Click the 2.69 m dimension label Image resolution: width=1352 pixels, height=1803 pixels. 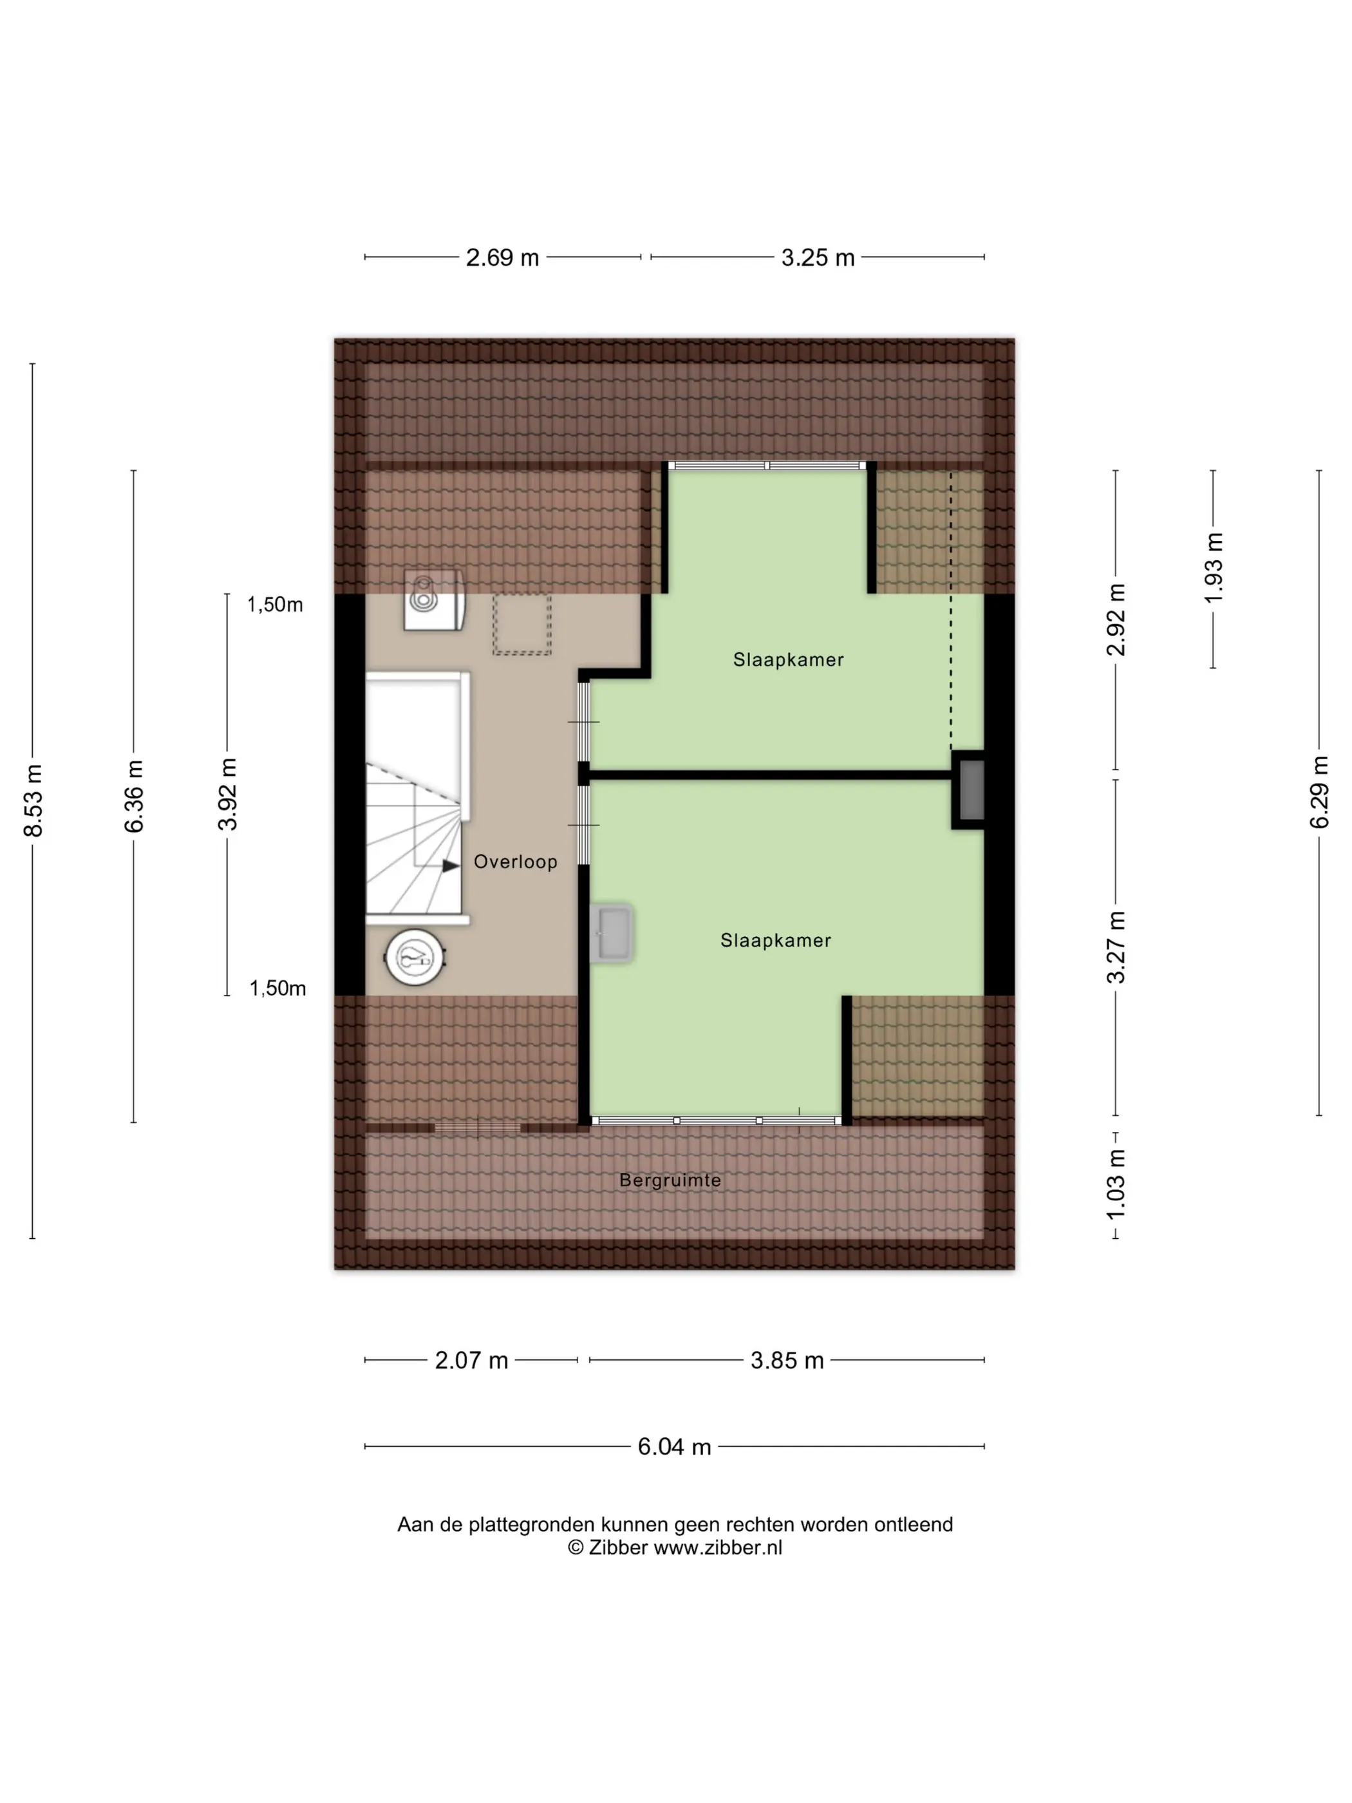tap(502, 258)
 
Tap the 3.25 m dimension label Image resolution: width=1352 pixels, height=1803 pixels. tap(818, 258)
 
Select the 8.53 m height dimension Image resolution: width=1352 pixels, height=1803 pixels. tap(33, 800)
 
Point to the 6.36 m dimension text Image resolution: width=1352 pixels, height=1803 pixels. tap(134, 795)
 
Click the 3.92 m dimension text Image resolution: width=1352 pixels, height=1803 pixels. tap(227, 793)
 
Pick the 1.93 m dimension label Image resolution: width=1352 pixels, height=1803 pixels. tap(1214, 568)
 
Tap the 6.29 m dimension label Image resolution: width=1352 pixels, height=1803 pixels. tap(1319, 791)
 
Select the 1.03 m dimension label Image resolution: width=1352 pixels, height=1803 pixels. tap(1116, 1184)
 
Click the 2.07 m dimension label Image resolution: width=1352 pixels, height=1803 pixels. tap(471, 1361)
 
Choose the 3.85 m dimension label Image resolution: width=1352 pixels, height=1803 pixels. tap(787, 1361)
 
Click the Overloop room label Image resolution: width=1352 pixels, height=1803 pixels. tap(515, 862)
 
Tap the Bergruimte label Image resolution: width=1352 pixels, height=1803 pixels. tap(670, 1180)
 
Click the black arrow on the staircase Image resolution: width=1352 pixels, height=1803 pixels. tap(451, 865)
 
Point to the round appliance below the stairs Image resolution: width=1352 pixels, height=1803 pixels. tap(416, 957)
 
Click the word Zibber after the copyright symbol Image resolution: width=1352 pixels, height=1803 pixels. tap(617, 1548)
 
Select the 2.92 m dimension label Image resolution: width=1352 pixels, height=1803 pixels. tap(1116, 619)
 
